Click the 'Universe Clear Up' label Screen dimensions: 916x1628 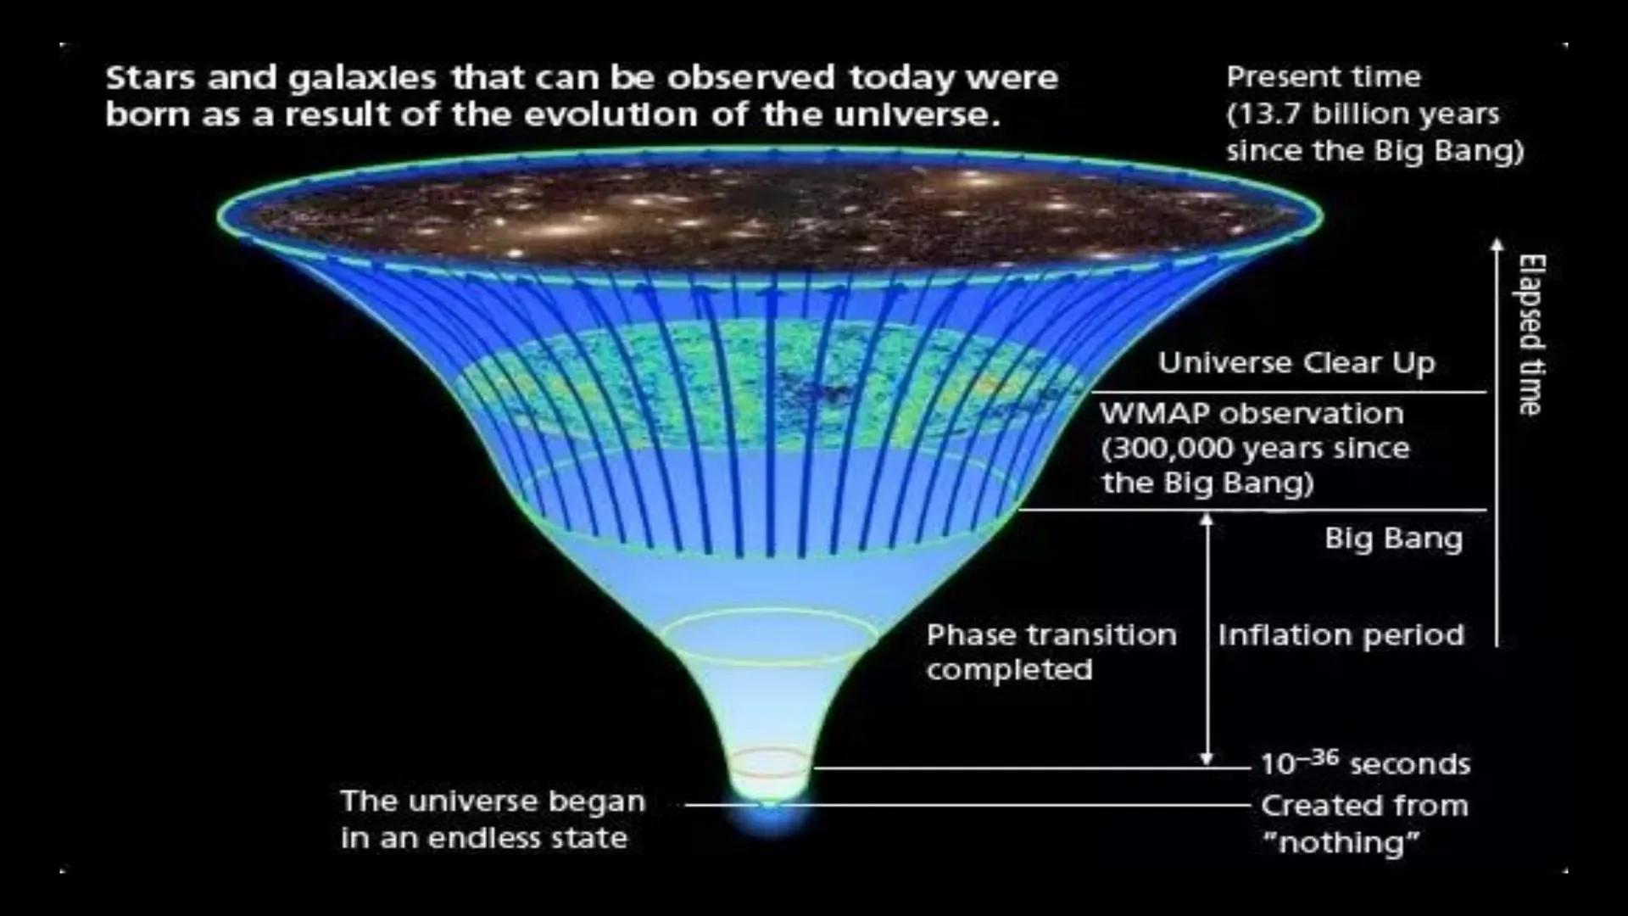tap(1296, 363)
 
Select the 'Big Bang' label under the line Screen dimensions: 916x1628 tap(1393, 539)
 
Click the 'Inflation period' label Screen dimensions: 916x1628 tap(1341, 635)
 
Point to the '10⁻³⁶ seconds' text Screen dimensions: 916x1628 tap(1364, 763)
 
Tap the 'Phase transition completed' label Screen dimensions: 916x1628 tap(1051, 652)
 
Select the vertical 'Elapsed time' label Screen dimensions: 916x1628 tap(1530, 335)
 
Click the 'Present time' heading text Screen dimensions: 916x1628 tap(1323, 77)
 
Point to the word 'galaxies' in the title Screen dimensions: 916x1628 tap(362, 78)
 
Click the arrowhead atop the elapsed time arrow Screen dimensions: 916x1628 tap(1497, 244)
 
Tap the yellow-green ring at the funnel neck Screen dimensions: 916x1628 tap(768, 636)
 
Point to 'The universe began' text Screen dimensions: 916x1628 tap(493, 801)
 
